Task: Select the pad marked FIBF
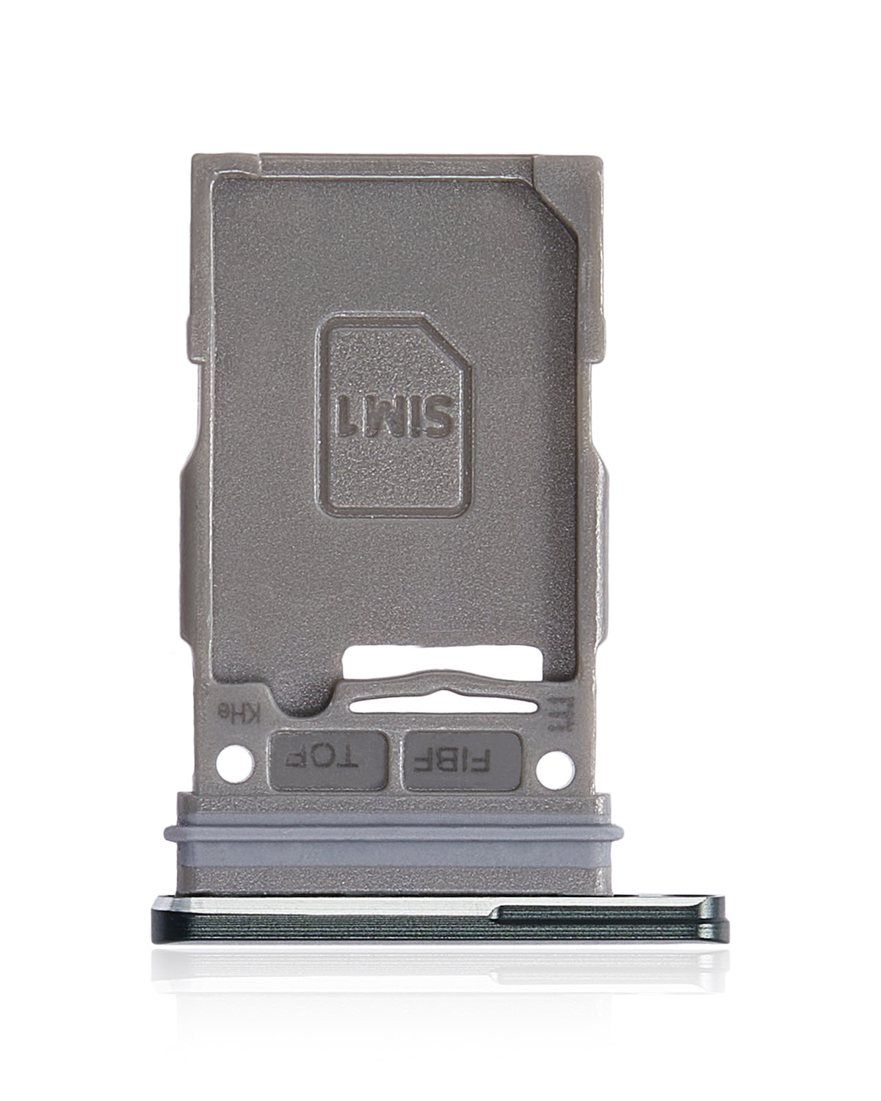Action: click(x=463, y=760)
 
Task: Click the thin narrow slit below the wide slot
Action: click(x=440, y=703)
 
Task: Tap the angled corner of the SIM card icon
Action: click(x=446, y=345)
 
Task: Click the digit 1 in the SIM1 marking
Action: click(x=347, y=415)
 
